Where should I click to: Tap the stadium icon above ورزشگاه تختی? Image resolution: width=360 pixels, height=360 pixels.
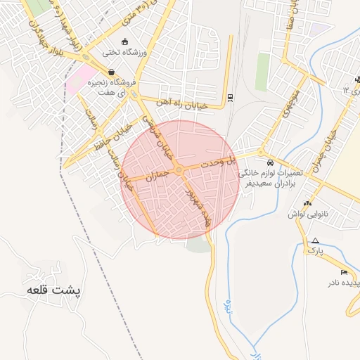tap(125, 40)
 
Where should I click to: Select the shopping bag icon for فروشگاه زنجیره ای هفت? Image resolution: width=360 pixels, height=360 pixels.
tap(111, 72)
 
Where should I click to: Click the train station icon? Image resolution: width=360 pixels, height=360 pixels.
tap(230, 98)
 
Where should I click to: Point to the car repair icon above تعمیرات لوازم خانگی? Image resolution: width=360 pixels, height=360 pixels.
tap(271, 160)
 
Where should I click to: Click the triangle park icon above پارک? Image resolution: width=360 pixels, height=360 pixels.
tap(315, 240)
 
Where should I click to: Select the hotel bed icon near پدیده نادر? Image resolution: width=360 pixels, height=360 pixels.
tap(344, 272)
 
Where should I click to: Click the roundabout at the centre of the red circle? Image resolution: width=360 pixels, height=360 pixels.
tap(179, 169)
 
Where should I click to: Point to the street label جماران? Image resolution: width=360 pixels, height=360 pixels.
tap(158, 174)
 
